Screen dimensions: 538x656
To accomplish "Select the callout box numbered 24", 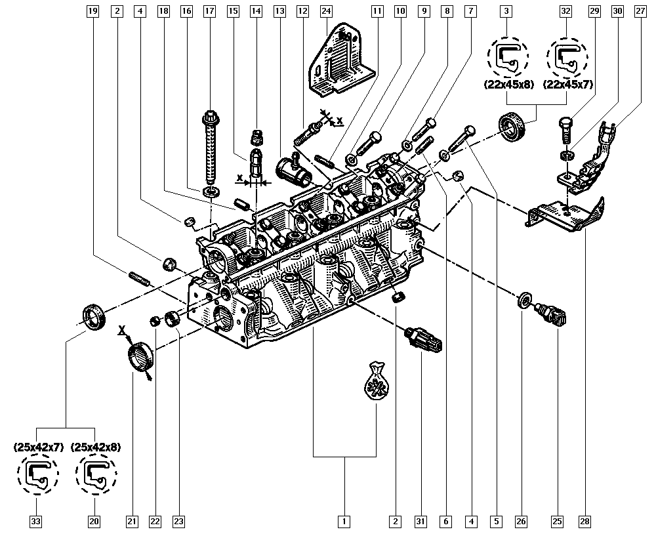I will tap(326, 11).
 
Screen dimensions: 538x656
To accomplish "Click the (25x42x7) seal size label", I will tap(39, 447).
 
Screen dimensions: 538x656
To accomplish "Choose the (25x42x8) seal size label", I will tap(96, 447).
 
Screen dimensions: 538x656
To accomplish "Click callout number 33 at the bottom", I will tap(35, 522).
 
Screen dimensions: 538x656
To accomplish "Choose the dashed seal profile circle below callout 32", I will tap(565, 58).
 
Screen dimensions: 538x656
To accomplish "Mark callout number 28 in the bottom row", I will tap(584, 522).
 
